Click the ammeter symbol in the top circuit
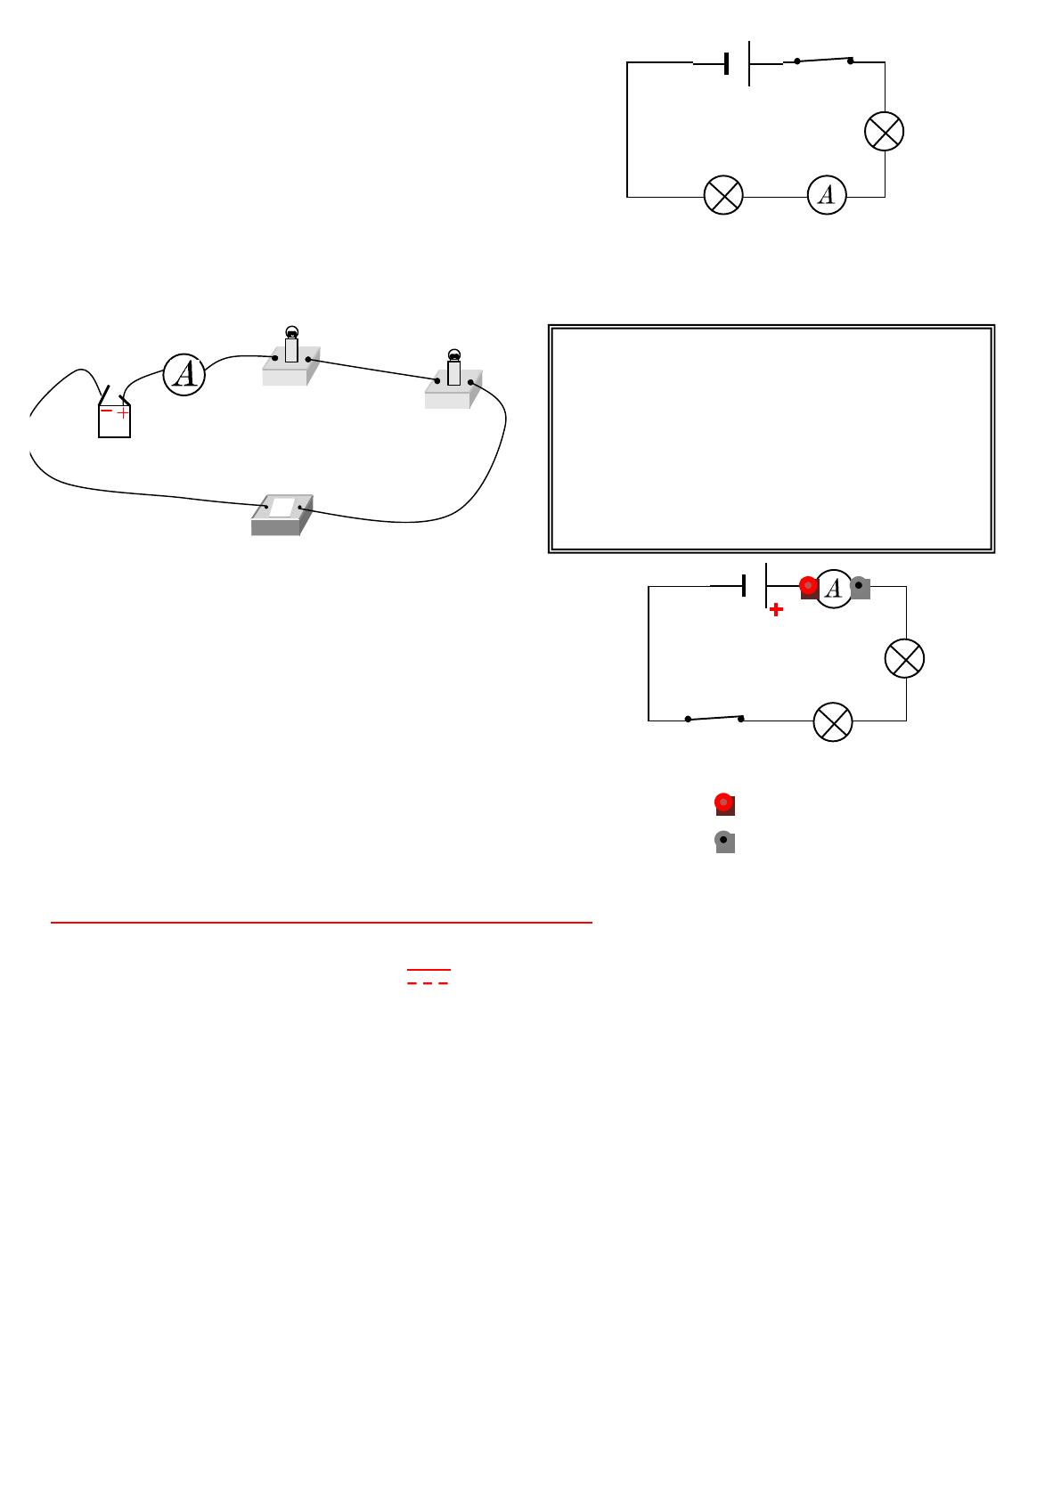[x=827, y=196]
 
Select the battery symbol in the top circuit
[x=739, y=63]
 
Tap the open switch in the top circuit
[x=823, y=61]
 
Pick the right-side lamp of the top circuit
[x=885, y=131]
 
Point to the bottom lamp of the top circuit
[x=723, y=196]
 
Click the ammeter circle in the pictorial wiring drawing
[x=184, y=375]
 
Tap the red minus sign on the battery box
[x=106, y=411]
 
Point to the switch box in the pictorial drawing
[x=282, y=513]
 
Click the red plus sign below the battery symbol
[x=776, y=610]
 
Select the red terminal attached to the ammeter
[x=809, y=587]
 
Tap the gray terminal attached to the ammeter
[x=860, y=587]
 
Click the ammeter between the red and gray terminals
[x=834, y=588]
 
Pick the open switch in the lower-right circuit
[x=714, y=718]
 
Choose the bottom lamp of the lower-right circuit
[x=833, y=721]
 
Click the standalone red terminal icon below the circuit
[x=724, y=804]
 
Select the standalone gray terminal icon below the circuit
[x=724, y=842]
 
